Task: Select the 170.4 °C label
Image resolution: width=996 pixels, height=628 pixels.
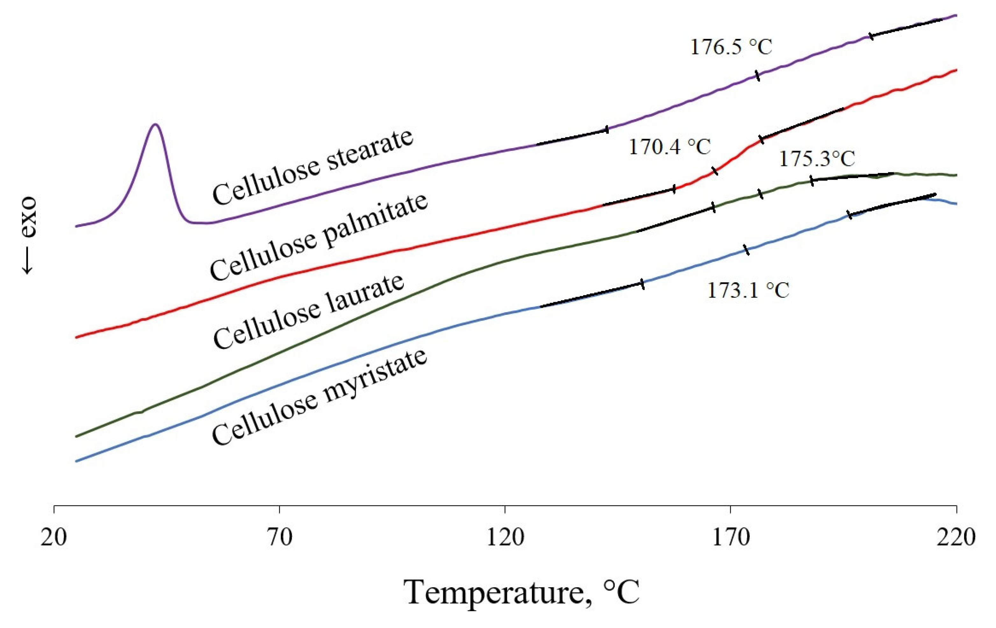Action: [669, 147]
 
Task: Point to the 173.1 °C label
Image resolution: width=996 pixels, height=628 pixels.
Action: [748, 290]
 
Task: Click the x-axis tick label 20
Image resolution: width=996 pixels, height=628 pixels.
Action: [54, 537]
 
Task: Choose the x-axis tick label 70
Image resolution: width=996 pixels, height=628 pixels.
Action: [280, 537]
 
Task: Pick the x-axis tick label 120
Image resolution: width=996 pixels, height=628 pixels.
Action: [505, 537]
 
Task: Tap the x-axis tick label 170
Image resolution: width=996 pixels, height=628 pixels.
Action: [731, 537]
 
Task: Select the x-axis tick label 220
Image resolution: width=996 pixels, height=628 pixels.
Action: [956, 537]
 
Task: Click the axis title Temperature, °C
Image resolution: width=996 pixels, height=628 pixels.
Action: [521, 592]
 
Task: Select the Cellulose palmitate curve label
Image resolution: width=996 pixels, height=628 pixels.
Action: [318, 237]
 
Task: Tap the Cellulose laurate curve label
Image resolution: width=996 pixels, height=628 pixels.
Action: [309, 311]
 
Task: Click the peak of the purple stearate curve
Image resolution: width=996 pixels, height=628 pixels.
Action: [155, 124]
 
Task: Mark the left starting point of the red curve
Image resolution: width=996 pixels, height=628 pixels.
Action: [76, 337]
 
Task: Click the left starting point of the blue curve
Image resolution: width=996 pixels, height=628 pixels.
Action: [76, 461]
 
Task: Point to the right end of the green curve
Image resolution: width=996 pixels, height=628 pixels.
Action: [956, 176]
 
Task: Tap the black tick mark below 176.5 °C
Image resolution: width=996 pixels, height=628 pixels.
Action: [757, 76]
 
